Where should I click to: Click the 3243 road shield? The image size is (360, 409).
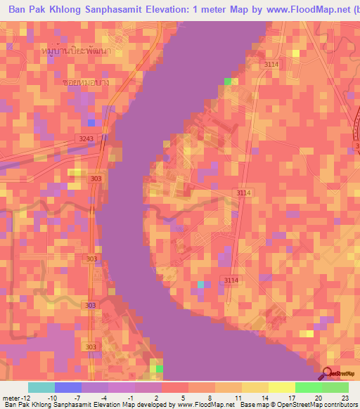[x=86, y=138]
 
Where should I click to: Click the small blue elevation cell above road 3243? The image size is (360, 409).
[x=91, y=123]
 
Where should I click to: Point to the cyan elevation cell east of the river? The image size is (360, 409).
[x=201, y=284]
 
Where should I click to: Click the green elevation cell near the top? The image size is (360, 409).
[x=228, y=82]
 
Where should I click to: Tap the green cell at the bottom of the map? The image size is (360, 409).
[x=158, y=368]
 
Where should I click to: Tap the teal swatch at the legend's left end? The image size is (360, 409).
[x=41, y=387]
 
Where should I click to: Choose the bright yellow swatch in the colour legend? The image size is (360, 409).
[x=282, y=387]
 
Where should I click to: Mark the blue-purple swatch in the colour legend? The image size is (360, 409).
[x=68, y=387]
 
